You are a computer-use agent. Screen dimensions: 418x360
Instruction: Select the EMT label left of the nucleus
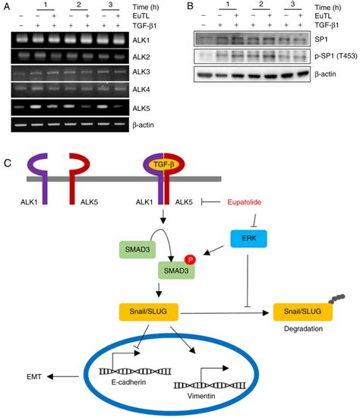36,376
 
